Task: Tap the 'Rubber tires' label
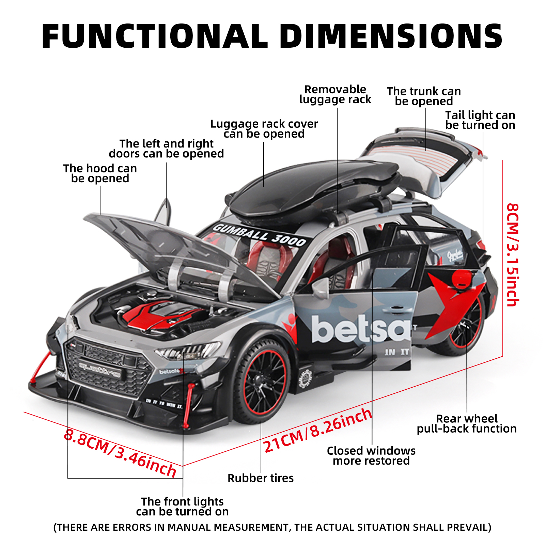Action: coord(261,478)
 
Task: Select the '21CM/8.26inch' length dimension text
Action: coord(317,431)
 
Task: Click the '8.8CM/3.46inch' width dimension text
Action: coord(120,453)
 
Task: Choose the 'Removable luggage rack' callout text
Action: coord(335,94)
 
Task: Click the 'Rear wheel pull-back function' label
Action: coord(467,423)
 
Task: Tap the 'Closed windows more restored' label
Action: coord(371,455)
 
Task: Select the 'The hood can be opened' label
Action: coord(100,173)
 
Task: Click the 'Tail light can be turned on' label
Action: coord(480,120)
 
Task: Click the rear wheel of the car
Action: coord(467,327)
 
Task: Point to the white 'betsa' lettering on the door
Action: coord(361,329)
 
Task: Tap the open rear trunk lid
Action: coord(426,157)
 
